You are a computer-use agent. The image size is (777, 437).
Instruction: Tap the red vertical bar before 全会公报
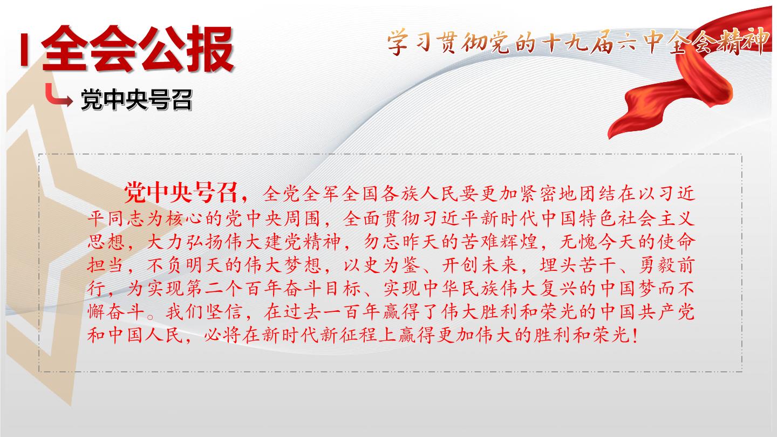[24, 49]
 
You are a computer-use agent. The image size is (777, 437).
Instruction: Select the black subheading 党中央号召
[137, 99]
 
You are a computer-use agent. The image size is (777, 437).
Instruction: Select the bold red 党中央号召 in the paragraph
[181, 192]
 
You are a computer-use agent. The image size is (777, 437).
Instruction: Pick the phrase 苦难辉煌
[499, 242]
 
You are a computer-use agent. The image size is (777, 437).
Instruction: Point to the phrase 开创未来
[480, 265]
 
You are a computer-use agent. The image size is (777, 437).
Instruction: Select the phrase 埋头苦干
[577, 265]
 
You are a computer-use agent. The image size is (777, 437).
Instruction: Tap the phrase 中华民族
[461, 289]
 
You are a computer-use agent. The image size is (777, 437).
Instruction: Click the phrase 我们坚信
[203, 312]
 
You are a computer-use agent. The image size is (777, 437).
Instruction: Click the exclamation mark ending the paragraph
[635, 335]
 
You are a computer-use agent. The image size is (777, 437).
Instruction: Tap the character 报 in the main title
[210, 49]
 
